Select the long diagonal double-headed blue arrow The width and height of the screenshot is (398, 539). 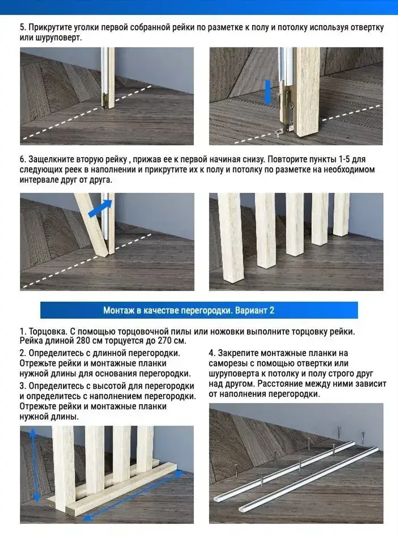(x=133, y=496)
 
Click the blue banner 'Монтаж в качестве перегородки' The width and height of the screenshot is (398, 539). (x=199, y=310)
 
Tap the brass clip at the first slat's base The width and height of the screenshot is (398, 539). (x=105, y=100)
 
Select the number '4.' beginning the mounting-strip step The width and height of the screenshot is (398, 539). (x=212, y=353)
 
